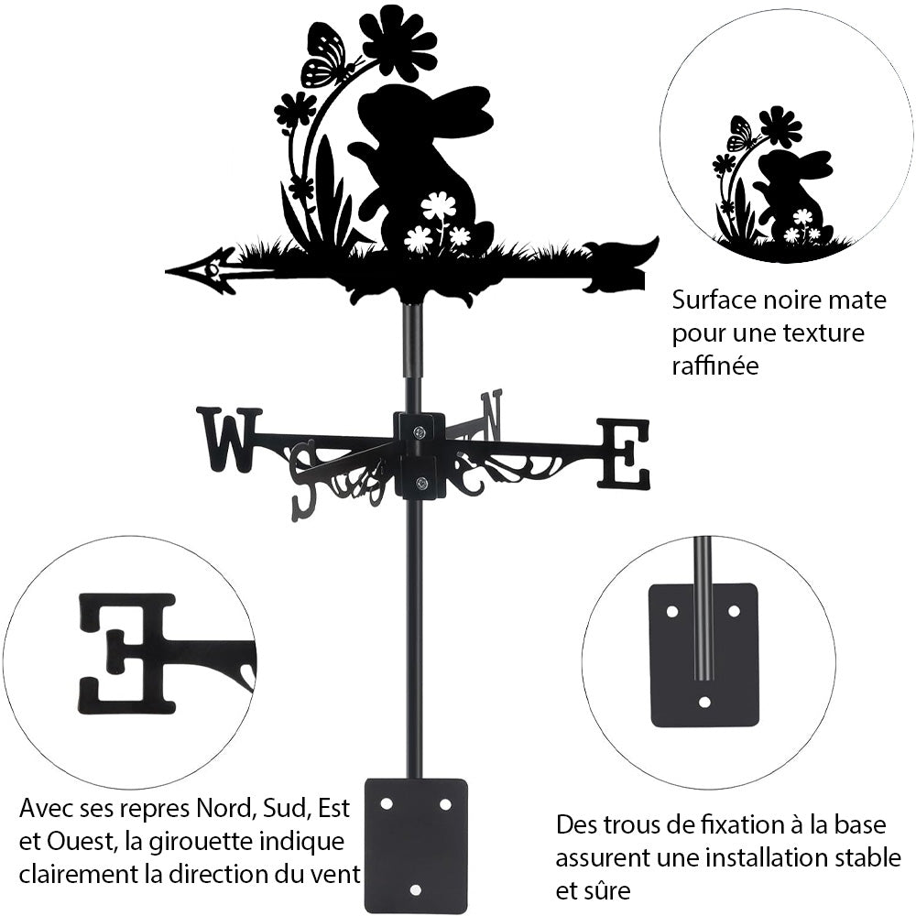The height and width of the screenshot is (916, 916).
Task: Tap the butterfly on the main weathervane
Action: pyautogui.click(x=327, y=57)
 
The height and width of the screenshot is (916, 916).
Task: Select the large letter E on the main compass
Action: pyautogui.click(x=624, y=453)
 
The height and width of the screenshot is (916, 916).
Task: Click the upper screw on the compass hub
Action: pyautogui.click(x=420, y=431)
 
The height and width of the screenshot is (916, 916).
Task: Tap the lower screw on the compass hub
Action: pyautogui.click(x=420, y=484)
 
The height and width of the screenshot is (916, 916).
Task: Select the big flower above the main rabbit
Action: pyautogui.click(x=398, y=40)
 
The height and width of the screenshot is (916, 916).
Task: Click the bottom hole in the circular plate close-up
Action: pyautogui.click(x=703, y=703)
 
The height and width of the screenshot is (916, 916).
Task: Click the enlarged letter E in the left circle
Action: pyautogui.click(x=127, y=652)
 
